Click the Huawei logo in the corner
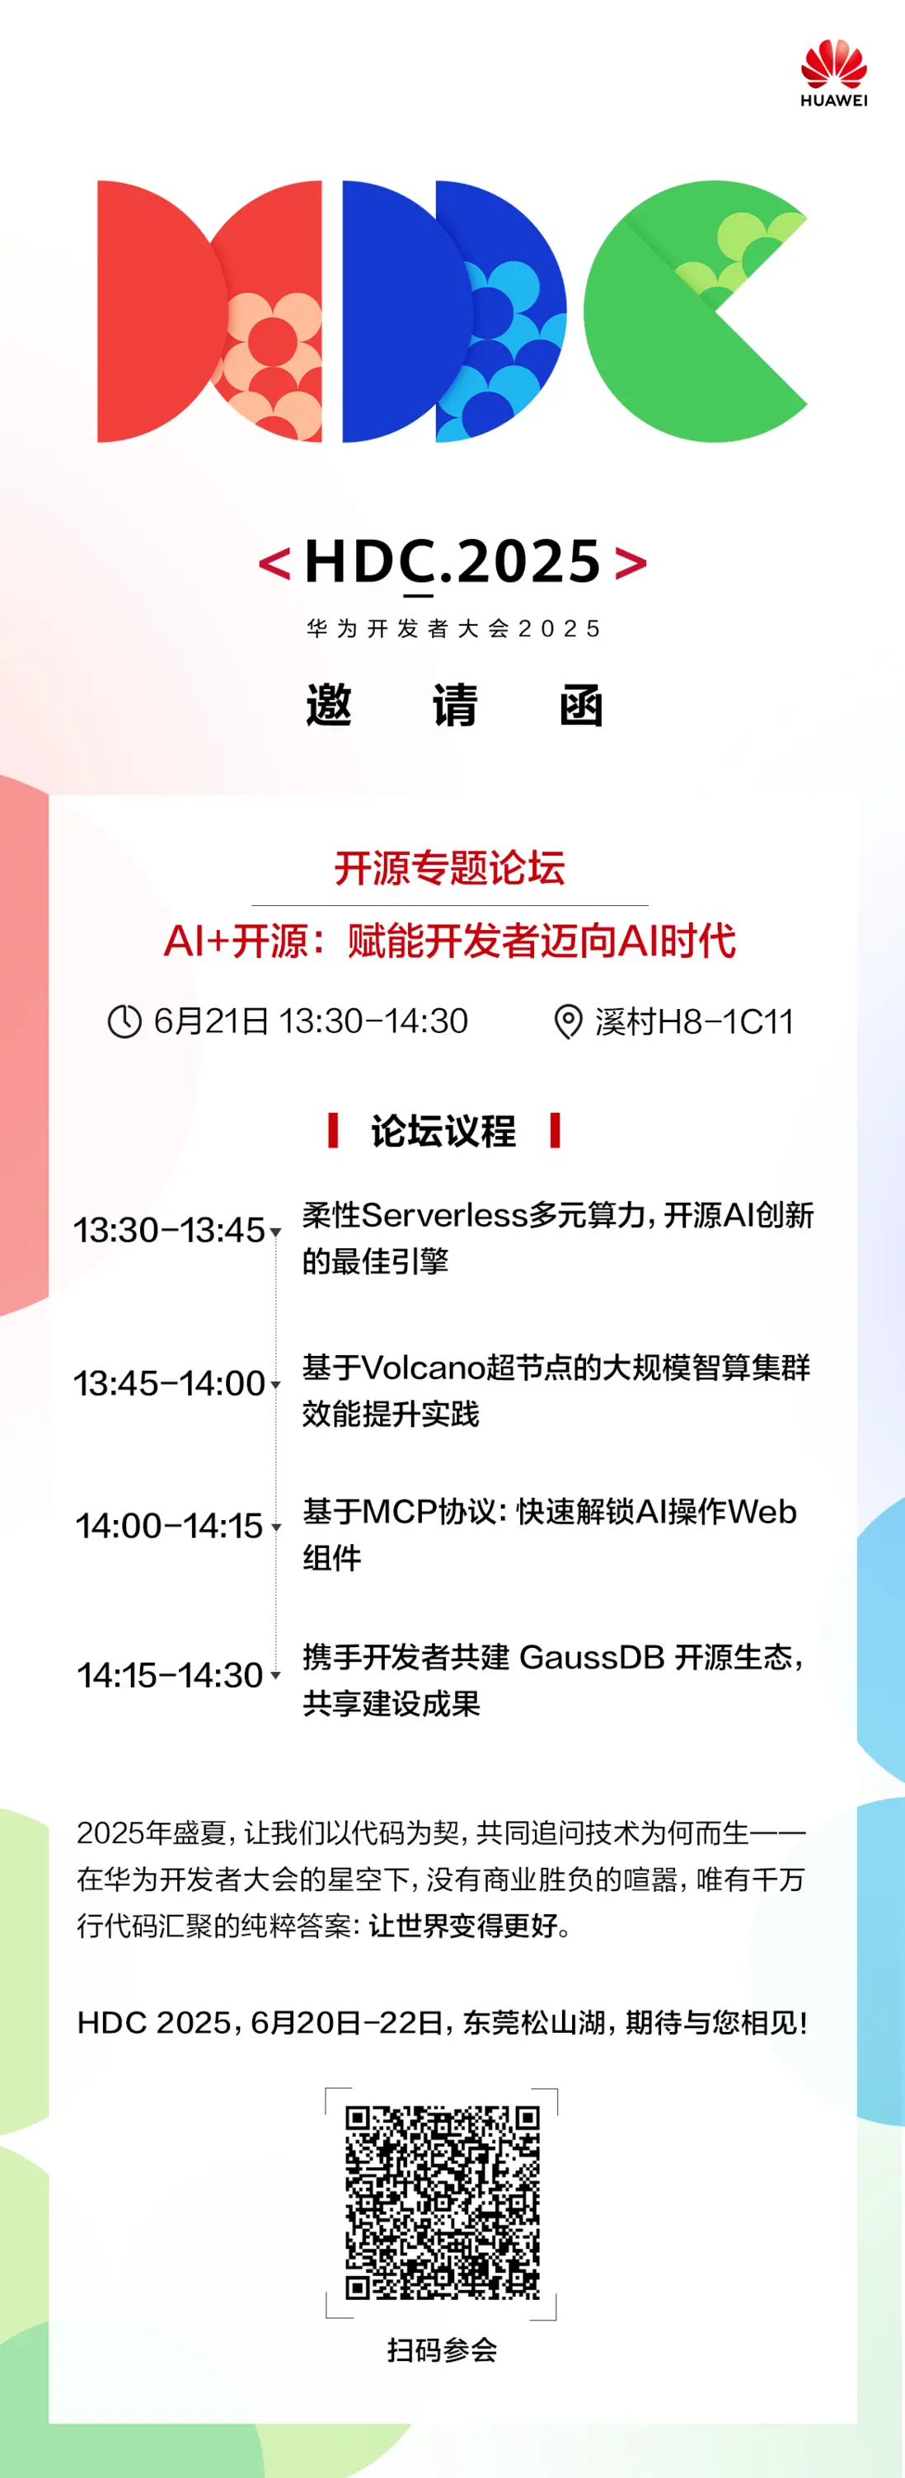coord(834,73)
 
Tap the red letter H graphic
coord(209,311)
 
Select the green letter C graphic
coord(694,311)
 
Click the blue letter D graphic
coord(454,311)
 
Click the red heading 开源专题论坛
coord(450,868)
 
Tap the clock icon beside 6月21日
coord(124,1021)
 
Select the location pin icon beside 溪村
coord(569,1021)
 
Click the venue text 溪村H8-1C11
coord(694,1021)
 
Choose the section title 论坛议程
coord(443,1130)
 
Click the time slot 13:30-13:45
coord(169,1230)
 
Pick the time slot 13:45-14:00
coord(169,1383)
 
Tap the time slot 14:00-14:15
coord(169,1526)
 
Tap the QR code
coord(443,2203)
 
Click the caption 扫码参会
coord(443,2350)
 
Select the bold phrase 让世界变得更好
coord(462,1925)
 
